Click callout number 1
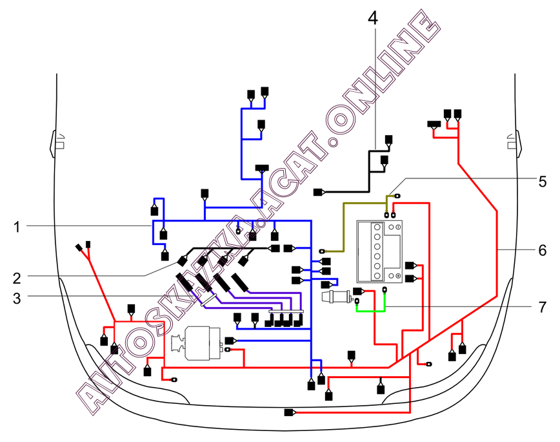pos(17,227)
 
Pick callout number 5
pos(543,180)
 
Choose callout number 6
pos(543,249)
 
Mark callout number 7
pos(543,307)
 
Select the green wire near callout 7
pos(371,311)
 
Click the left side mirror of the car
pos(55,141)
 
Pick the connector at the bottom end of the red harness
pos(288,412)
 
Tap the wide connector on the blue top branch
pos(261,169)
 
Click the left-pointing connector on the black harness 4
pos(318,192)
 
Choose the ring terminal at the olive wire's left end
pos(323,249)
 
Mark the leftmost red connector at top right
pos(432,124)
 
